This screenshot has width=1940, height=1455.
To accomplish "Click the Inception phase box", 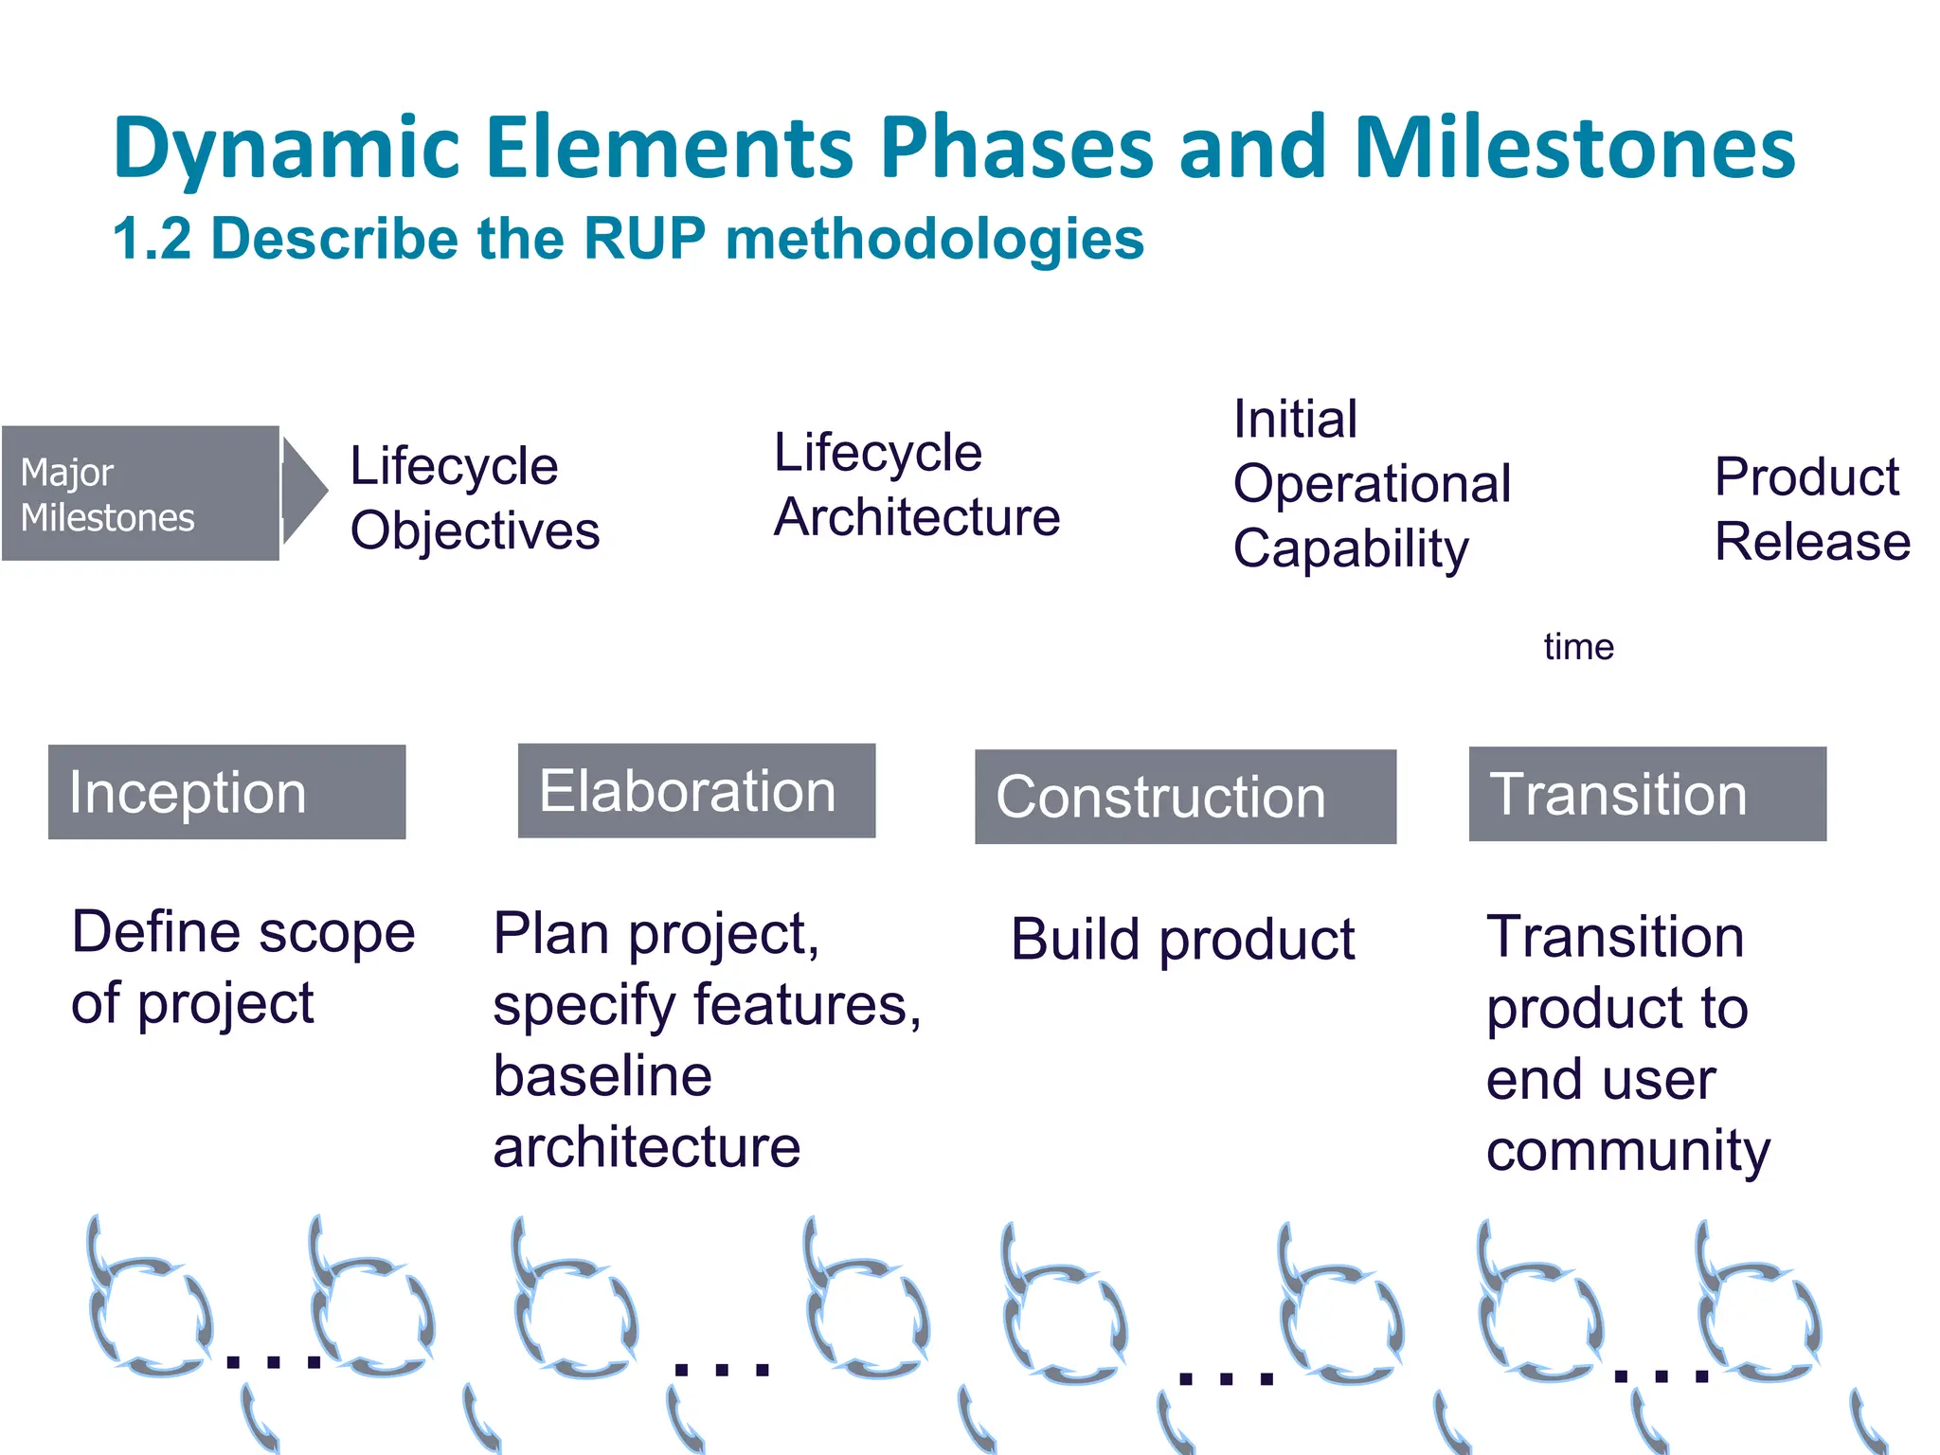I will click(226, 792).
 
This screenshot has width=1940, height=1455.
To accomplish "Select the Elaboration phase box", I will click(696, 791).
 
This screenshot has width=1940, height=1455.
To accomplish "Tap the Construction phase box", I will click(1185, 797).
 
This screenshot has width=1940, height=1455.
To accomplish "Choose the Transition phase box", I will click(1647, 794).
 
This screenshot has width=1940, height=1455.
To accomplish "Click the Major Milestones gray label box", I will click(140, 494).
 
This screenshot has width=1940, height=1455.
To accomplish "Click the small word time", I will click(1578, 647).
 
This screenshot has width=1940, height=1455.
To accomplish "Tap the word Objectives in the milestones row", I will click(475, 530).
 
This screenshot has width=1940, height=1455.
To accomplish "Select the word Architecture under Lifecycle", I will click(916, 517).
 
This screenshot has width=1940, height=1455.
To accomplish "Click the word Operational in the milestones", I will click(1372, 484).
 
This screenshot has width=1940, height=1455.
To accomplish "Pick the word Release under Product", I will click(1812, 542).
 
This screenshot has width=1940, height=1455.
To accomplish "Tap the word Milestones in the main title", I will click(1574, 149).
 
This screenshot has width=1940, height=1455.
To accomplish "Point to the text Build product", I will click(1182, 940).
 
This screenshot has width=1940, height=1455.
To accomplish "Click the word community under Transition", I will click(1627, 1151).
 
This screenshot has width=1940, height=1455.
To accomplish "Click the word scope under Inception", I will click(337, 933).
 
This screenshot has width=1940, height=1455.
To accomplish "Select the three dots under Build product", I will click(1226, 1378).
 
